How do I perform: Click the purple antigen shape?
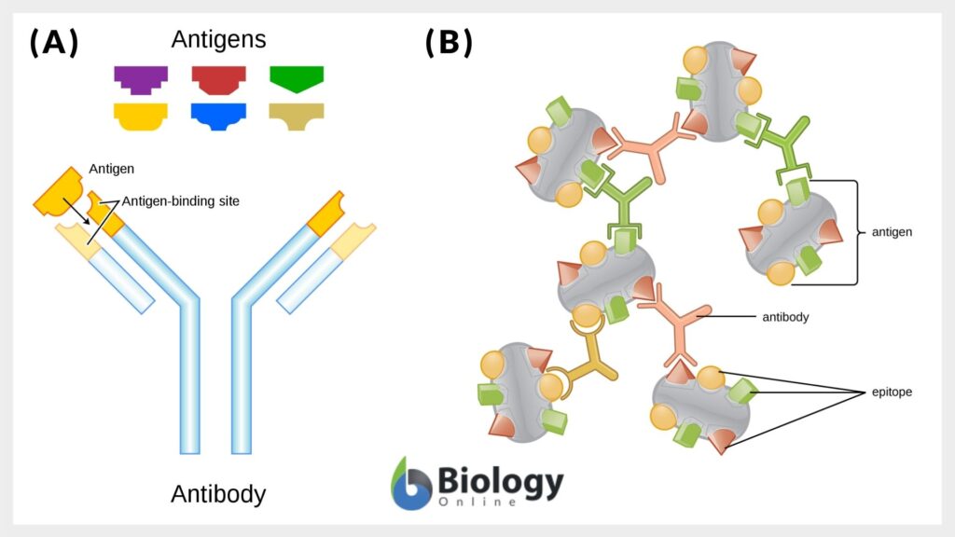pos(141,79)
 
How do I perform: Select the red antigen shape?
pos(218,79)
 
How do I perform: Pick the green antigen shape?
pos(296,78)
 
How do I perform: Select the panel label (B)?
pos(449,43)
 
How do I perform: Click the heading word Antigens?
pos(218,40)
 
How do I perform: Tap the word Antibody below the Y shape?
pos(218,493)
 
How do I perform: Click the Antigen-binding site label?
pos(180,200)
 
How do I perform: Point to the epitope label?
pos(892,392)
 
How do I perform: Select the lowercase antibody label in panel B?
pos(785,317)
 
